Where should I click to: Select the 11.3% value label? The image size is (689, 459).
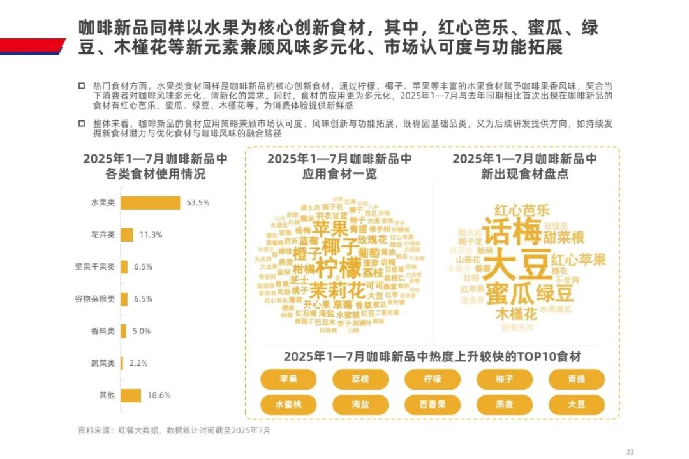click(151, 235)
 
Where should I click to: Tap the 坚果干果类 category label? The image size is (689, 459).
click(95, 267)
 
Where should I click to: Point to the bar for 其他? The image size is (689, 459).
click(131, 395)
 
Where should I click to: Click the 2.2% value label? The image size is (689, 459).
click(138, 363)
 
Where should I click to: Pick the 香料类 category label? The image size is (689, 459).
click(103, 331)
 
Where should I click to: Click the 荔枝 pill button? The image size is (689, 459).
click(360, 379)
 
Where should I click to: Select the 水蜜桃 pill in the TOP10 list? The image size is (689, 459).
click(288, 404)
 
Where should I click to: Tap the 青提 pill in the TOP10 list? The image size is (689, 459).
click(577, 379)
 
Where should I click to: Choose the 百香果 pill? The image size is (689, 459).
click(433, 404)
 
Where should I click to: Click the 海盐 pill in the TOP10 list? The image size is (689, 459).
click(360, 404)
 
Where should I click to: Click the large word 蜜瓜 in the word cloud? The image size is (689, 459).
click(510, 293)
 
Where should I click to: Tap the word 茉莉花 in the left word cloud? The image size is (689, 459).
click(337, 291)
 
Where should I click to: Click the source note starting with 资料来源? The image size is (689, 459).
click(174, 430)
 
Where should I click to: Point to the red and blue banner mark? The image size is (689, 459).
click(32, 47)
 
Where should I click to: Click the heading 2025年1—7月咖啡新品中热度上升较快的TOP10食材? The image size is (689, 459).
click(433, 356)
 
